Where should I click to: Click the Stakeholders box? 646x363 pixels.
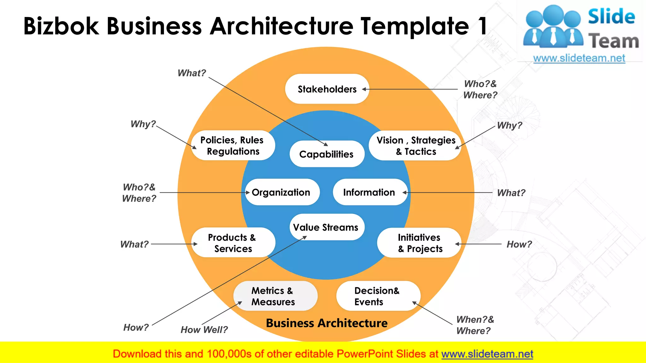(327, 89)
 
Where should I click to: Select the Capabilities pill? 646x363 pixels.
(327, 154)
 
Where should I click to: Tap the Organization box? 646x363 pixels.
(282, 192)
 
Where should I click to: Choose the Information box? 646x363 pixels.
(369, 192)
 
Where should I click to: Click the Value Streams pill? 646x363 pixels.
(326, 227)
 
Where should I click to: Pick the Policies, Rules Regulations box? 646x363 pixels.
(233, 146)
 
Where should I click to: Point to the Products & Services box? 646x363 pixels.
(233, 243)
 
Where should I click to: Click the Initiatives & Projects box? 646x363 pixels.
(420, 243)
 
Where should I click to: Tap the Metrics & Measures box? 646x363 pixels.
(274, 296)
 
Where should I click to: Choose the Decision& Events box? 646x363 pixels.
(377, 296)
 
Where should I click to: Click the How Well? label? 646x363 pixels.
(204, 330)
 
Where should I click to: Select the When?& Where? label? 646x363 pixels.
(475, 325)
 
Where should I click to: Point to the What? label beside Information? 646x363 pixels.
(511, 193)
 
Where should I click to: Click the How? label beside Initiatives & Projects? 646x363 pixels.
(519, 244)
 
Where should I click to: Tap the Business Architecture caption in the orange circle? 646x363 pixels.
(326, 323)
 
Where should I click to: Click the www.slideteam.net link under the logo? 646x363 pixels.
(579, 58)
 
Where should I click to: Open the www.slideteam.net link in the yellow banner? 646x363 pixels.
(487, 354)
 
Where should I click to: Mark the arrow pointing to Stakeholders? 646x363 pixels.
(410, 89)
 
